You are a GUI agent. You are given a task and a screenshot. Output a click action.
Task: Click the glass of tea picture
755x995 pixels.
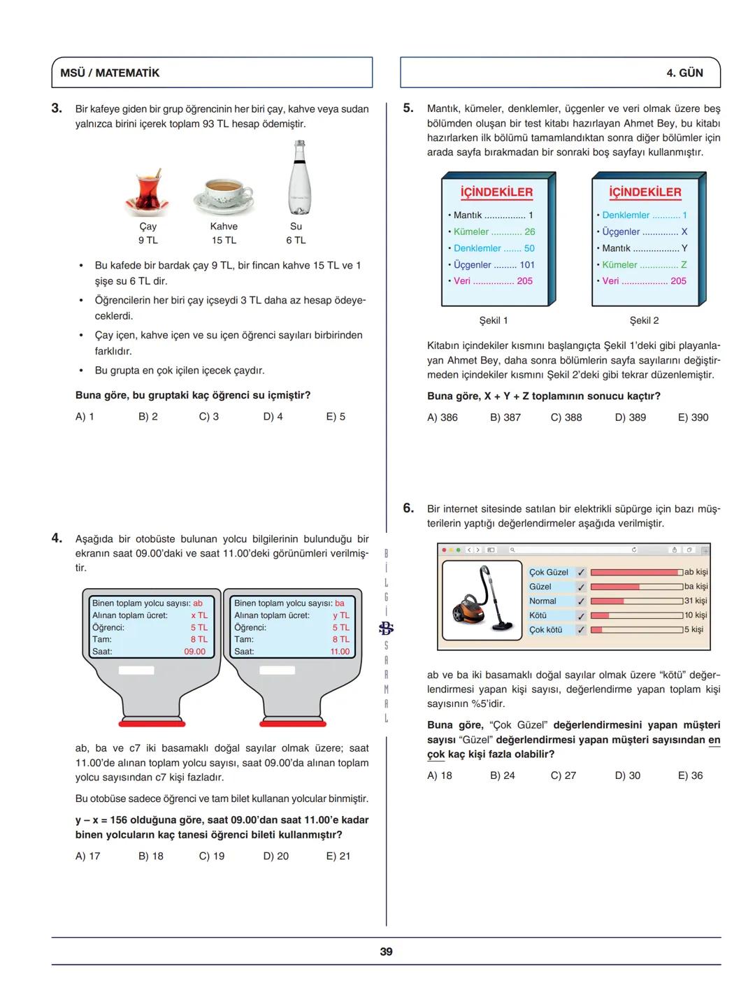pyautogui.click(x=148, y=192)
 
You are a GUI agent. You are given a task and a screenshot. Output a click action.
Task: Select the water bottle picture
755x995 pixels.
pyautogui.click(x=299, y=178)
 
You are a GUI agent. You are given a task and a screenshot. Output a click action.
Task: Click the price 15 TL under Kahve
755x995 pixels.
pyautogui.click(x=224, y=240)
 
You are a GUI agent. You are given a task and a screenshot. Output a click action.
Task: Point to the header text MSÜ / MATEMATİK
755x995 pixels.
pyautogui.click(x=110, y=73)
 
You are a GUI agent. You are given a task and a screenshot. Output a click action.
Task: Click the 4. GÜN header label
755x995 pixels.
pyautogui.click(x=684, y=73)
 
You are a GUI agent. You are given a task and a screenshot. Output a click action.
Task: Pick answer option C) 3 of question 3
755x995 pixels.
pyautogui.click(x=208, y=417)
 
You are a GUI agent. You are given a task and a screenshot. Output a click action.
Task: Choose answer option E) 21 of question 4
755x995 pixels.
pyautogui.click(x=338, y=856)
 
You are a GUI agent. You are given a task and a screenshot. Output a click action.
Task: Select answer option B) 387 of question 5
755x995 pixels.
pyautogui.click(x=505, y=417)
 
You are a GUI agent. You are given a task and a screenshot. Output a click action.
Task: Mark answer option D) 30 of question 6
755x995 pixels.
pyautogui.click(x=627, y=775)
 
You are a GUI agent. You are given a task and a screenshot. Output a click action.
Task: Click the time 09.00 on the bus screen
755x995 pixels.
pyautogui.click(x=195, y=652)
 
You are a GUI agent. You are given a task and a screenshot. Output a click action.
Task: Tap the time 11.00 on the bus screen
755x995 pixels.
pyautogui.click(x=340, y=652)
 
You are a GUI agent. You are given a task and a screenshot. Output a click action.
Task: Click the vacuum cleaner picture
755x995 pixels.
pyautogui.click(x=482, y=600)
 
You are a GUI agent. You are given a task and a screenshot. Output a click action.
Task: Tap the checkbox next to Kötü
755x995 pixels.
pyautogui.click(x=580, y=616)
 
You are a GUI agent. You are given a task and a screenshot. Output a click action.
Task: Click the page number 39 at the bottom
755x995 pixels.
pyautogui.click(x=386, y=952)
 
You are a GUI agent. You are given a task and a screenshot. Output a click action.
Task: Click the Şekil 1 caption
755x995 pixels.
pyautogui.click(x=494, y=320)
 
